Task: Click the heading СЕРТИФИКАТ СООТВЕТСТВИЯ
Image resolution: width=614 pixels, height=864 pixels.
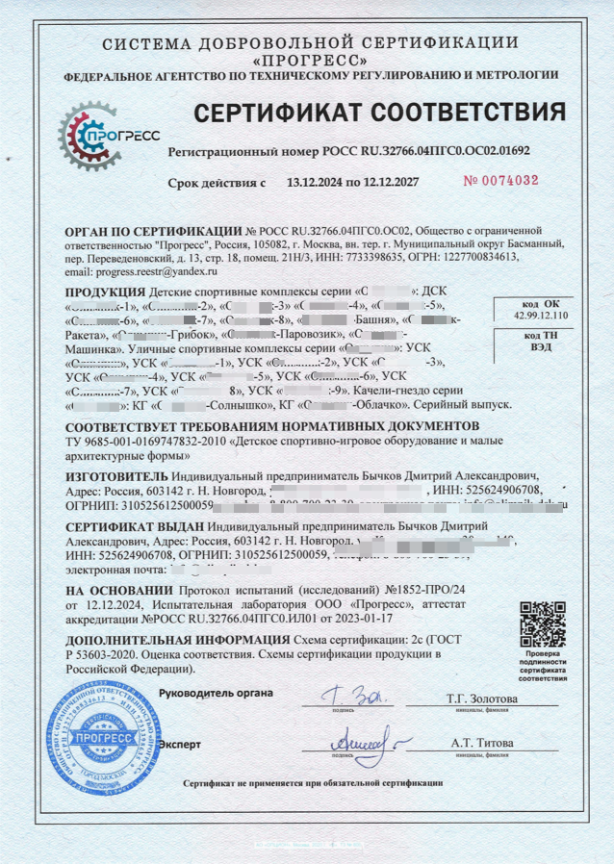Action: pyautogui.click(x=380, y=114)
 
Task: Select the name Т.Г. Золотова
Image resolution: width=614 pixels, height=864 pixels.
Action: pyautogui.click(x=481, y=698)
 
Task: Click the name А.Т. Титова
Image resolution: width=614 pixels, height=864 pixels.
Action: pyautogui.click(x=481, y=744)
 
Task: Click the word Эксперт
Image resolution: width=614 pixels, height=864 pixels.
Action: pyautogui.click(x=180, y=744)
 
